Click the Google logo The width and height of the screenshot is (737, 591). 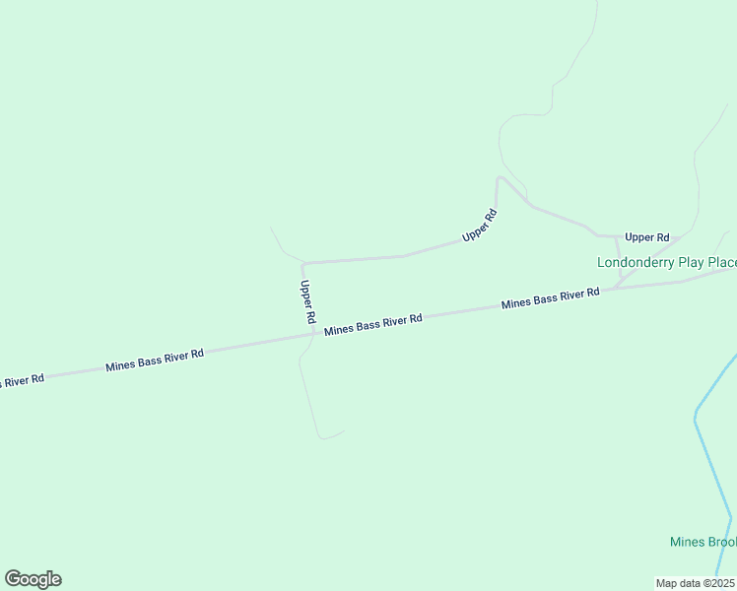33,579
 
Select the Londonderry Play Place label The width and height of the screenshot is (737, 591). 667,262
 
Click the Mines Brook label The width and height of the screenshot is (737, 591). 703,542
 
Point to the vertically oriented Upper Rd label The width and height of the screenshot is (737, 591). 307,302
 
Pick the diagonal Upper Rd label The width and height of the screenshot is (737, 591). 480,226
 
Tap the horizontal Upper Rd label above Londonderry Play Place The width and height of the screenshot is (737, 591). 646,237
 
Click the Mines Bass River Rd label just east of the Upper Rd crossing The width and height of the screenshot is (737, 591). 373,324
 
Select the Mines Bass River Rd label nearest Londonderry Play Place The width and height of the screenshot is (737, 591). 550,298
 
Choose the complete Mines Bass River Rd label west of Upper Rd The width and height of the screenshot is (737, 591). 155,360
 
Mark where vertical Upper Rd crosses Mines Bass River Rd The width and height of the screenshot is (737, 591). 314,334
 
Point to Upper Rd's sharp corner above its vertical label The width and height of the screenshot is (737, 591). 302,264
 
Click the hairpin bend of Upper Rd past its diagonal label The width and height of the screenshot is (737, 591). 500,178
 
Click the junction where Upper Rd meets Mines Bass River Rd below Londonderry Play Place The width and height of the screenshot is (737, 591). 618,287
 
